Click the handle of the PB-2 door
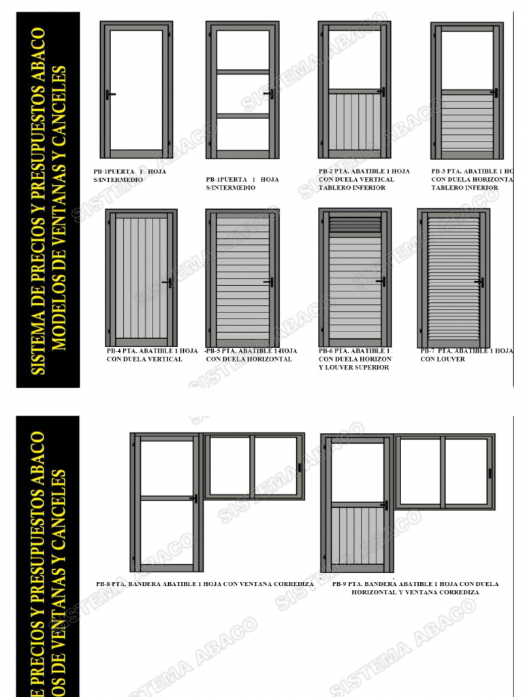381,92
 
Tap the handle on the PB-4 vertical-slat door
166,281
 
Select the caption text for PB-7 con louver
466,355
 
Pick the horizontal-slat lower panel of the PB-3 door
466,123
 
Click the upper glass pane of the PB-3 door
466,59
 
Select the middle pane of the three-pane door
242,94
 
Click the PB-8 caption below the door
205,584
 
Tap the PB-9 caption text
415,588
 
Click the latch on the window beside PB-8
299,467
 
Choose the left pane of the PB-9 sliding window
420,470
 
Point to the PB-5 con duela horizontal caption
251,355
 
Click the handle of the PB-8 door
194,499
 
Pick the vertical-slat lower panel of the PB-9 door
357,534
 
